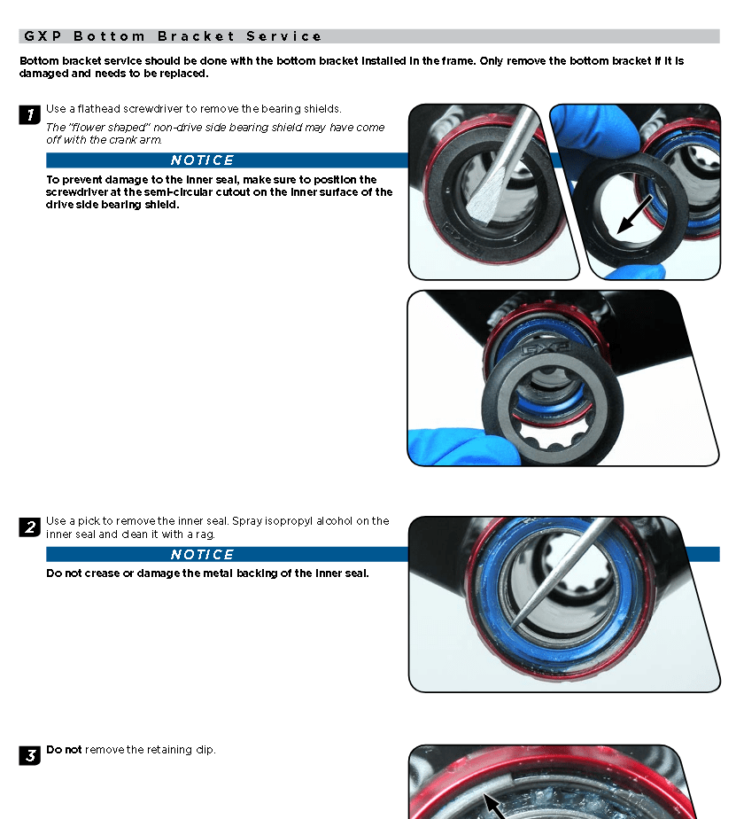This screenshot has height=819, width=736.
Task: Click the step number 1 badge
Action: pos(30,115)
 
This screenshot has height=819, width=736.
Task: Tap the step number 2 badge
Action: pos(30,527)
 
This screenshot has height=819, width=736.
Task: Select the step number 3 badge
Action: pos(30,756)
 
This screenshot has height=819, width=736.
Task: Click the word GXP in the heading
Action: pos(43,36)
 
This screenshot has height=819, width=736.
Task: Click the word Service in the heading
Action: pos(284,36)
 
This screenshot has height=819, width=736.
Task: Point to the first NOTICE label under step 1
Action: pos(202,160)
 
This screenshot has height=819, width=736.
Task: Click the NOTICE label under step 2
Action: pos(202,554)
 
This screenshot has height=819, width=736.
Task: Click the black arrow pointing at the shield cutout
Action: pos(634,214)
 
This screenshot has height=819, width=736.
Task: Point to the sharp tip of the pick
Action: pos(512,627)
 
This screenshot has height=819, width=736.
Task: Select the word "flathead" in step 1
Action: pos(98,109)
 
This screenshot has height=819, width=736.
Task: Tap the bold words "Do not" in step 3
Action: pos(64,750)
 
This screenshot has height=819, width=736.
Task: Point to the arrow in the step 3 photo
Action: pos(494,807)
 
